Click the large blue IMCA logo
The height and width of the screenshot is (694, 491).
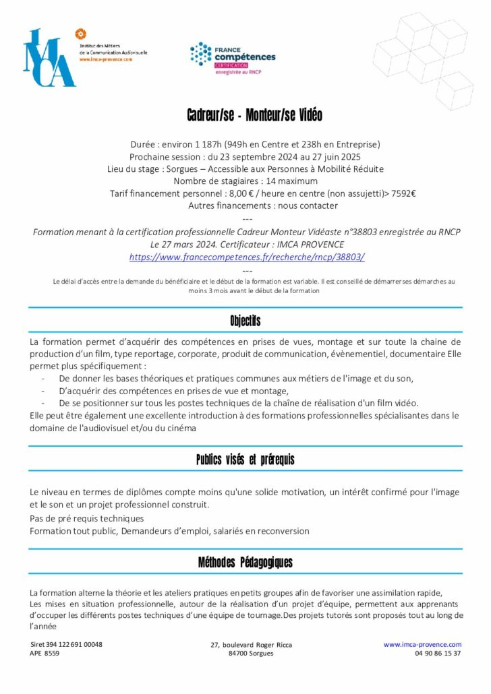(x=49, y=58)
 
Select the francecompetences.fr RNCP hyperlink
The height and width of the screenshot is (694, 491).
(x=247, y=257)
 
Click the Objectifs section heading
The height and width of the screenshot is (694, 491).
(x=245, y=320)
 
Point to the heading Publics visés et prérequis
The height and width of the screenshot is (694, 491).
(x=245, y=460)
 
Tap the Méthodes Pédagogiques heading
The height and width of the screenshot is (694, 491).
(x=245, y=563)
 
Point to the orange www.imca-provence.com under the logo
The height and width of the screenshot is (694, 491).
(x=106, y=59)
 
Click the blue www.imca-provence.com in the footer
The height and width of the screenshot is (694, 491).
(x=422, y=645)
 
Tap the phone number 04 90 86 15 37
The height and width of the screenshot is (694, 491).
(x=434, y=654)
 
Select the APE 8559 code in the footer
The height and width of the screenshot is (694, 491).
(x=45, y=654)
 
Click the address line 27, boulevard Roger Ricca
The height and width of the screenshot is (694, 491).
(x=251, y=645)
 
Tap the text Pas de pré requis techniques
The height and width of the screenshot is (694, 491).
(x=87, y=519)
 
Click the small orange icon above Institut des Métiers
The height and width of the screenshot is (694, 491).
(x=80, y=34)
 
